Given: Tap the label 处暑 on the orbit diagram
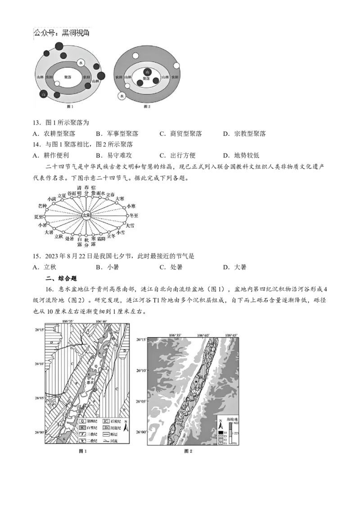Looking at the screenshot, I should click(69, 239).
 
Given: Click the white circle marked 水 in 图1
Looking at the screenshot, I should click(81, 63).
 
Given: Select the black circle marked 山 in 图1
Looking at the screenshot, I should click(44, 94).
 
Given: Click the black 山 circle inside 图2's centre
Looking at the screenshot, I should click(147, 72).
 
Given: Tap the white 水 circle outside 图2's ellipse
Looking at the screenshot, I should click(121, 96).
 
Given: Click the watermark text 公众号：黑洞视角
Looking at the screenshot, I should click(62, 32).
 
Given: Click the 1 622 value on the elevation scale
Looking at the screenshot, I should click(236, 420).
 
